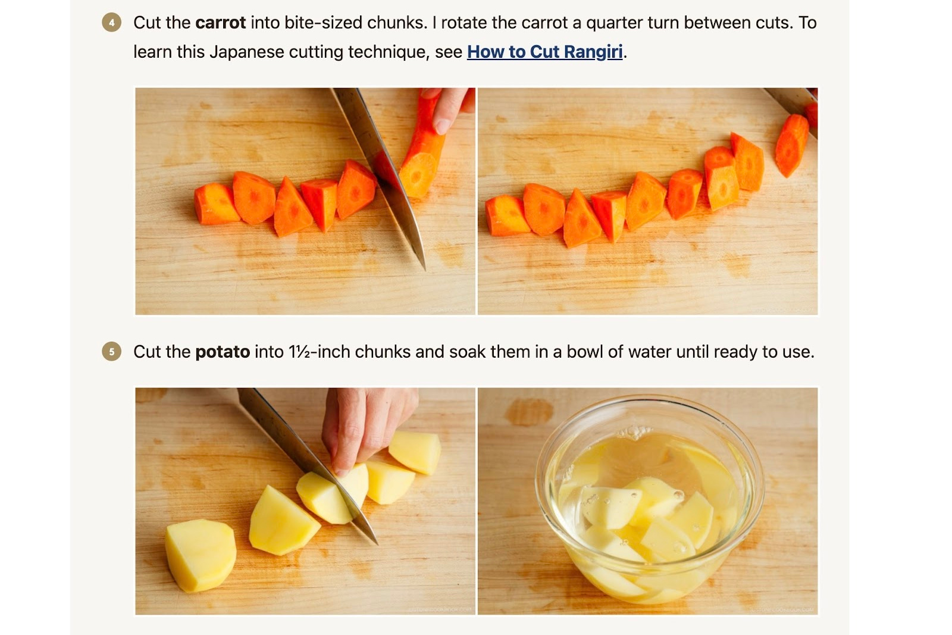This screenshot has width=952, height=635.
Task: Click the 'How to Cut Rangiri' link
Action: pyautogui.click(x=544, y=52)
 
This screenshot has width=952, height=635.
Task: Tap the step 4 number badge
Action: pyautogui.click(x=111, y=23)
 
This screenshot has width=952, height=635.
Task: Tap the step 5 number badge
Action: pyautogui.click(x=111, y=352)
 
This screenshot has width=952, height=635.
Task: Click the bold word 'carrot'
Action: pyautogui.click(x=220, y=23)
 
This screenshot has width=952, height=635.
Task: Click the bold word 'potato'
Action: pyautogui.click(x=222, y=352)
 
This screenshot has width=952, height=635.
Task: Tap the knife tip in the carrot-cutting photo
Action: pyautogui.click(x=423, y=266)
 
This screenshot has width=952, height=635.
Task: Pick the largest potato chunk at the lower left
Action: pyautogui.click(x=201, y=555)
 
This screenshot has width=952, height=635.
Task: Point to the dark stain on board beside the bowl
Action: pyautogui.click(x=528, y=412)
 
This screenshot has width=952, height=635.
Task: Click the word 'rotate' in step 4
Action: pyautogui.click(x=464, y=23)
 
